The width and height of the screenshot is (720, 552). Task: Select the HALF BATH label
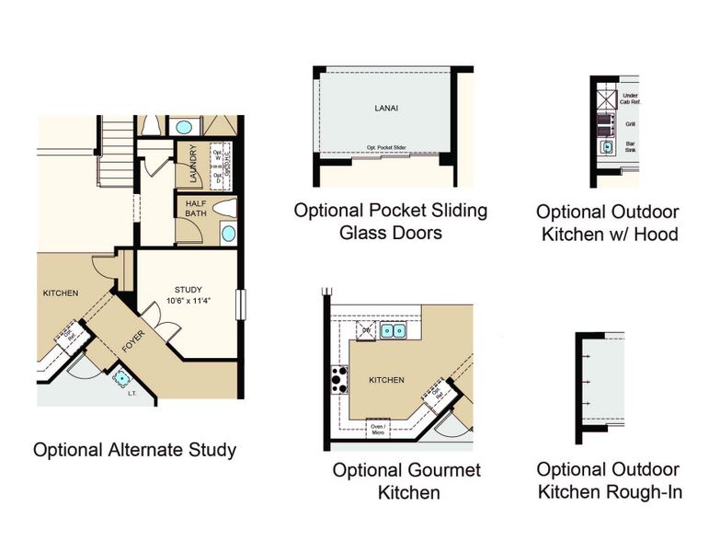pos(194,209)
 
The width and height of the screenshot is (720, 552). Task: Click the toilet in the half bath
pos(224,207)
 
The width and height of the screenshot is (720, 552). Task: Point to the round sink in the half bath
pos(227,233)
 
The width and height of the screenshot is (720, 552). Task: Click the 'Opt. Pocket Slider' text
pos(393,147)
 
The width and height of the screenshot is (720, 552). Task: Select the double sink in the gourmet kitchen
pos(393,329)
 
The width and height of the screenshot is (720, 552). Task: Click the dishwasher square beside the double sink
pos(365,329)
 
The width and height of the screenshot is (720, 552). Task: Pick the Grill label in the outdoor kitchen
pos(630,123)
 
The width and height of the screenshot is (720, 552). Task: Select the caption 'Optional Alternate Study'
pos(134,450)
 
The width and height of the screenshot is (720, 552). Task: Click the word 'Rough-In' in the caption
pos(644,492)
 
